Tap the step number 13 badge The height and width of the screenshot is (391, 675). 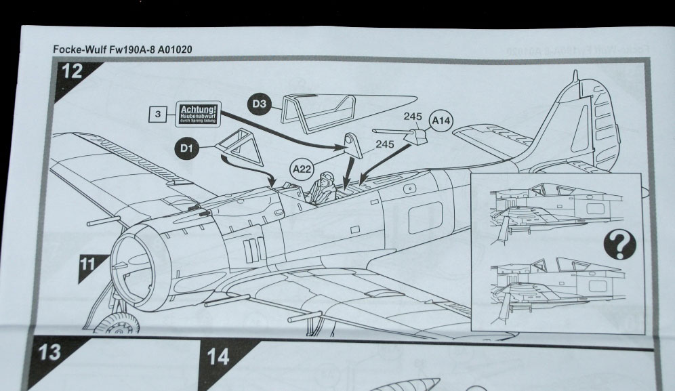tap(50, 353)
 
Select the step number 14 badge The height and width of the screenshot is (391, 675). tap(218, 357)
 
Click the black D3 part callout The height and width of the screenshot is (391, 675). tap(260, 104)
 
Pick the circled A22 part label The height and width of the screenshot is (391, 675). tap(302, 167)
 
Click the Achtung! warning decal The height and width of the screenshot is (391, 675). tap(198, 113)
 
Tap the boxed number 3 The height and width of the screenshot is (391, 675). tap(157, 115)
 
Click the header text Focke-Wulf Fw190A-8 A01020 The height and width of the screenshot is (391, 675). tap(126, 49)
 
